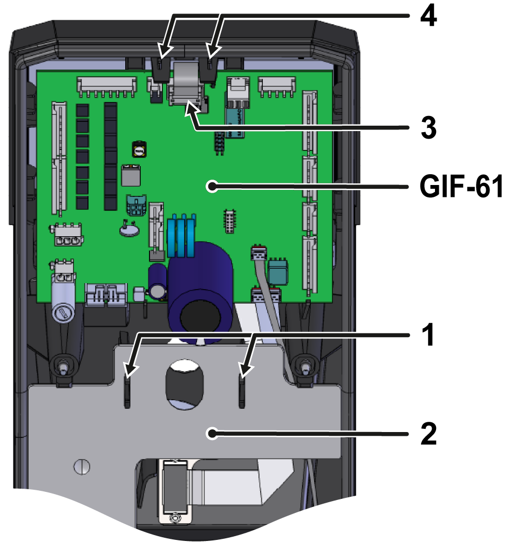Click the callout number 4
[x=429, y=17]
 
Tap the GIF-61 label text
[x=461, y=188]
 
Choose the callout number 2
[x=429, y=433]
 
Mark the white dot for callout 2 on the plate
[x=214, y=433]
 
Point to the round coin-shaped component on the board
[x=130, y=230]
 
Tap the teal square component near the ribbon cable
[x=278, y=271]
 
